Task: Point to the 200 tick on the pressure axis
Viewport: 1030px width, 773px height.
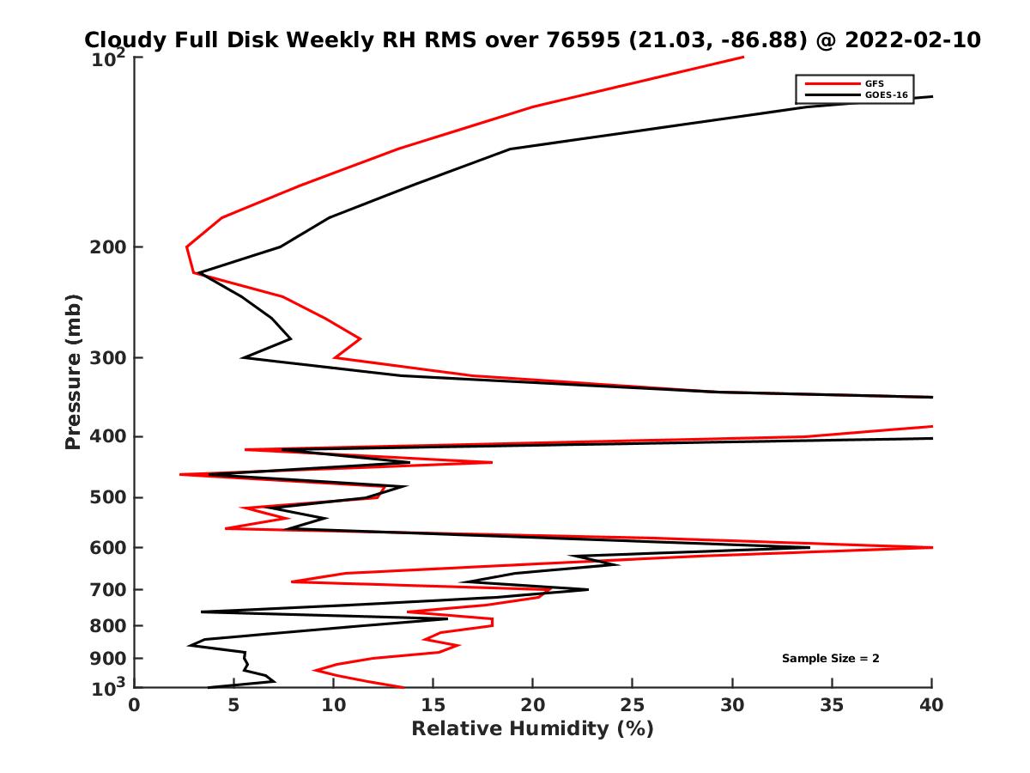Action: click(108, 247)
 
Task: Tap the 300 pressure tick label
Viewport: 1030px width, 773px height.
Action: click(108, 357)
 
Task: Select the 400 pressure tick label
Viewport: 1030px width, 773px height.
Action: click(108, 436)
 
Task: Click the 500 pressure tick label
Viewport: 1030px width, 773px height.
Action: click(108, 497)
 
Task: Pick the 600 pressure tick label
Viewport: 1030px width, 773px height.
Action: click(108, 547)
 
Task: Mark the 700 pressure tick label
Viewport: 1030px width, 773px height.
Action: click(108, 589)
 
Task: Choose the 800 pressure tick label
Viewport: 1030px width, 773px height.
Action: click(108, 625)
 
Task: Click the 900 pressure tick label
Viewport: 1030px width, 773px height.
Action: click(108, 658)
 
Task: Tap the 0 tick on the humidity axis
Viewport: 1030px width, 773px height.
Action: click(135, 704)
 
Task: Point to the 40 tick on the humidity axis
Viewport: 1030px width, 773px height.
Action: click(931, 704)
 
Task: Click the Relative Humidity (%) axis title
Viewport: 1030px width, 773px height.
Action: click(532, 729)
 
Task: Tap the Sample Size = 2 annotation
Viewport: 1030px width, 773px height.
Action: click(830, 659)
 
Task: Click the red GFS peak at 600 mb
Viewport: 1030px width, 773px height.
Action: click(930, 547)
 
